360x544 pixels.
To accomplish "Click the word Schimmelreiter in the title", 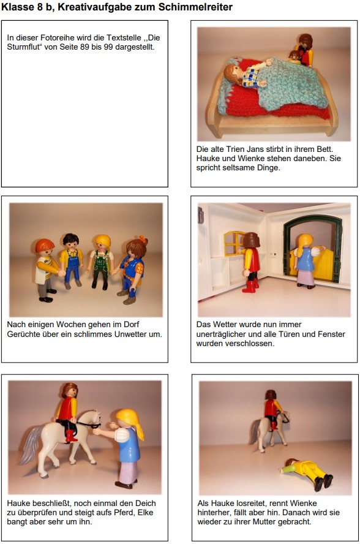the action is (194, 7).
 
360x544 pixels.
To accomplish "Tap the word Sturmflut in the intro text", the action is (23, 47).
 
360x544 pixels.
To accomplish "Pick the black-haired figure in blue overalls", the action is (72, 260).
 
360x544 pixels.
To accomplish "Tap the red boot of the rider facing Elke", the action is (71, 436).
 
